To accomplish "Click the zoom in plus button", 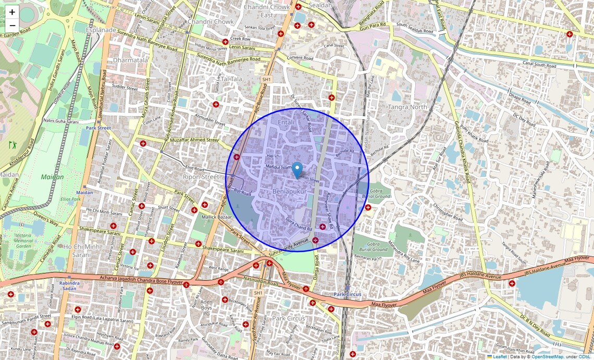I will pyautogui.click(x=12, y=11).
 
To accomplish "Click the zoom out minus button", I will pyautogui.click(x=12, y=25).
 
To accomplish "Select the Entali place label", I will pyautogui.click(x=287, y=122).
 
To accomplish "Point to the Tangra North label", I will pyautogui.click(x=407, y=107).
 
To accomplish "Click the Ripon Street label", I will pyautogui.click(x=201, y=177).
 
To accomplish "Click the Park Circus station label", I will pyautogui.click(x=348, y=294).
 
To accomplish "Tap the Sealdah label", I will pyautogui.click(x=319, y=5).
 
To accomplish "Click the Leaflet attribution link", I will pyautogui.click(x=499, y=357).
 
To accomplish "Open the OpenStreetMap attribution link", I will pyautogui.click(x=547, y=357).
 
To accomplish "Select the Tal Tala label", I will pyautogui.click(x=232, y=79).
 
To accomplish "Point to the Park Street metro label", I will pyautogui.click(x=98, y=128).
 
